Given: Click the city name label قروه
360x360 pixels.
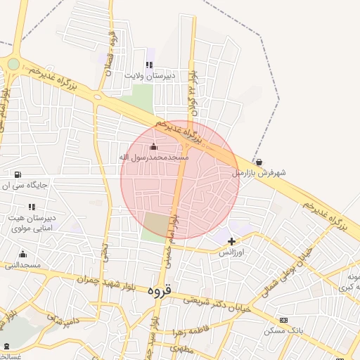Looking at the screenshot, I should (161, 289).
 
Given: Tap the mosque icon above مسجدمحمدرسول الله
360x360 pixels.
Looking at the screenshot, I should (154, 146).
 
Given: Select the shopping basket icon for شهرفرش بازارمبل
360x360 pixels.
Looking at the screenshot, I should (259, 162).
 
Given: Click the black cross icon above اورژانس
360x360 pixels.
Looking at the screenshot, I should (231, 241).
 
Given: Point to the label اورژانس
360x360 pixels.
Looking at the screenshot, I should (231, 252).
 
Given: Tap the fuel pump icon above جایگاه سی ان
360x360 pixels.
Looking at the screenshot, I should (17, 174).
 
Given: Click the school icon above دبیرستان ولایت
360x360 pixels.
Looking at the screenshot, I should (149, 65).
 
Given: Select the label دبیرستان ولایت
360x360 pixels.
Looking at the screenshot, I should (150, 75).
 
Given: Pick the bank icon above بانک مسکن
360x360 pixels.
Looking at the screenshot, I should (283, 320).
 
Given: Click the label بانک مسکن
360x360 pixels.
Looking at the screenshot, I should (283, 330).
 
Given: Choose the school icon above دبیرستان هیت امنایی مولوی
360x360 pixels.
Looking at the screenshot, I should (31, 207).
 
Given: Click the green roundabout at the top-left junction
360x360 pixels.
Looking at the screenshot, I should (13, 65).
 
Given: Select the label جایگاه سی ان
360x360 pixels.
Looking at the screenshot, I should (26, 186).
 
